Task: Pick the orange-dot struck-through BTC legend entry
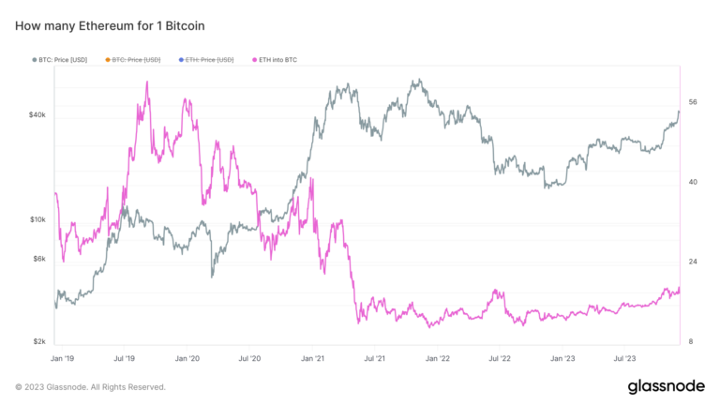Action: [x=136, y=59]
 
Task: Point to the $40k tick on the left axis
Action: [x=37, y=115]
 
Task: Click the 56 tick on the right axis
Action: [x=693, y=102]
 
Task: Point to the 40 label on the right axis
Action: [x=693, y=182]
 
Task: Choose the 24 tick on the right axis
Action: [x=693, y=262]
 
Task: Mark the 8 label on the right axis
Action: [x=691, y=342]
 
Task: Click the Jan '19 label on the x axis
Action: [x=62, y=358]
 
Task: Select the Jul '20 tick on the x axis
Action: [x=249, y=358]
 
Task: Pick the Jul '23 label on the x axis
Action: [x=625, y=358]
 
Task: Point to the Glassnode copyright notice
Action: [x=90, y=386]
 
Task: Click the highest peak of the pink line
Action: [x=147, y=82]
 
